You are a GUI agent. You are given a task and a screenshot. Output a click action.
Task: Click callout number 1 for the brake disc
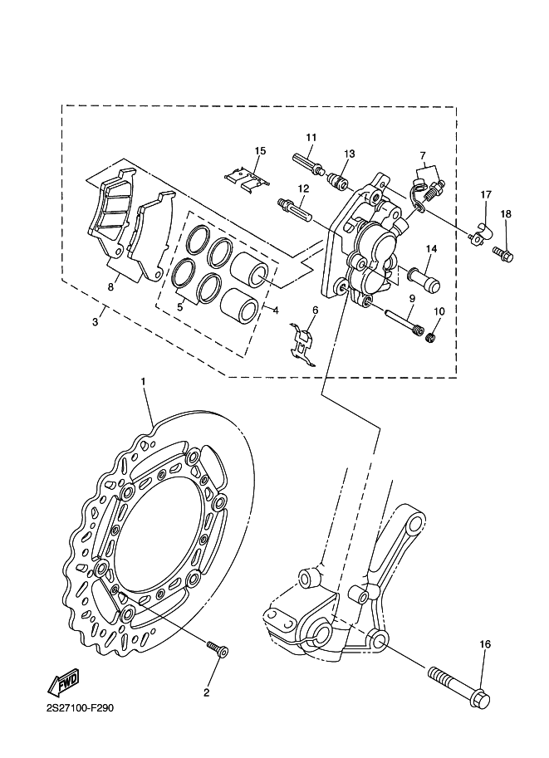click(143, 382)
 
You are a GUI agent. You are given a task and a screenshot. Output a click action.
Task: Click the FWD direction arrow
click(62, 682)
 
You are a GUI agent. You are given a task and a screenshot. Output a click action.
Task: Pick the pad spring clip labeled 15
click(248, 178)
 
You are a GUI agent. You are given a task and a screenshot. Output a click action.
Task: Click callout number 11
click(311, 137)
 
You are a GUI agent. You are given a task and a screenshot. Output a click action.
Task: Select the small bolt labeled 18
click(503, 254)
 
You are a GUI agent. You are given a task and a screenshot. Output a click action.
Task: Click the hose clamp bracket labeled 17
click(480, 232)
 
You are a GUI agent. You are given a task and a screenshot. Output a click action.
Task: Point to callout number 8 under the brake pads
click(110, 287)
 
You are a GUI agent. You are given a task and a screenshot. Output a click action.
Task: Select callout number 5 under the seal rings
click(180, 306)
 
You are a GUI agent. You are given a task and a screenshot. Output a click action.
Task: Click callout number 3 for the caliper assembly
click(96, 321)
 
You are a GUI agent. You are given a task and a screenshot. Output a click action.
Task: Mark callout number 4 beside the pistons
click(275, 311)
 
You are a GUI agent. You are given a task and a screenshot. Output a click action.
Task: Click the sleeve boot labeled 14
click(424, 280)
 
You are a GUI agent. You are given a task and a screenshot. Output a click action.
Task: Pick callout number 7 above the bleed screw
click(423, 155)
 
